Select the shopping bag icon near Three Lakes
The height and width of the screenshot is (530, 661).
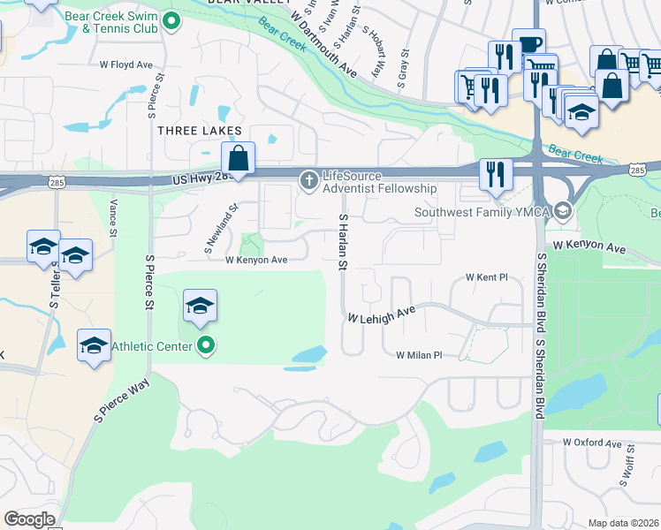[x=238, y=160]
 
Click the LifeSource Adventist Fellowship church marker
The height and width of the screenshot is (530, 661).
[x=309, y=181]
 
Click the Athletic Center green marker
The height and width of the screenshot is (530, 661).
[x=206, y=345]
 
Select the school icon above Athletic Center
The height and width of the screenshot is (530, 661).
[x=201, y=307]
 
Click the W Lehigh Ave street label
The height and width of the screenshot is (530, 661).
[x=381, y=314]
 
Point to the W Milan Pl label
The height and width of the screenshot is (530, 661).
[x=419, y=355]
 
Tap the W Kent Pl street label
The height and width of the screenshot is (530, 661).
[x=487, y=277]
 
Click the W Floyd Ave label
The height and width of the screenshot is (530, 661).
[x=126, y=64]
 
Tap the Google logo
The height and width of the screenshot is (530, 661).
[x=29, y=519]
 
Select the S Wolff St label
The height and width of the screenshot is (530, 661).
[x=630, y=477]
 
